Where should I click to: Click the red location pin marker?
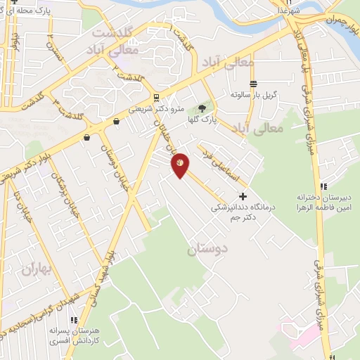click(181, 165)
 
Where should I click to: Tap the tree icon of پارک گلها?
click(202, 108)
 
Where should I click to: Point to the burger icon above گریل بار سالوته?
click(252, 84)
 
